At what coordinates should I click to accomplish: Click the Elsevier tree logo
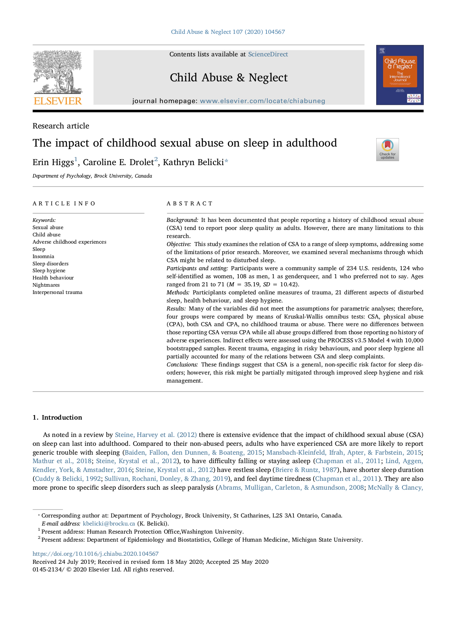pos(58,77)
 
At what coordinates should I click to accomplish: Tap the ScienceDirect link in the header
pos(268,54)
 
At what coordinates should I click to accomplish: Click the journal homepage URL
pos(262,101)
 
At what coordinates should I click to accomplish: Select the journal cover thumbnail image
pos(400,75)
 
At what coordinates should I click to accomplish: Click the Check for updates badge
pos(387,150)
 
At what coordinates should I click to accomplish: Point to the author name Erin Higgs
pos(53,162)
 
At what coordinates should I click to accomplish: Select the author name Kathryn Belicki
pos(193,162)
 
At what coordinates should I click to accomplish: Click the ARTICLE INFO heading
pos(64,204)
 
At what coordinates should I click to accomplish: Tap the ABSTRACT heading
pos(190,204)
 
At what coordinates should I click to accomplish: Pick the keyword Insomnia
pos(43,257)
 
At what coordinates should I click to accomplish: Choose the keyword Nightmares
pos(46,285)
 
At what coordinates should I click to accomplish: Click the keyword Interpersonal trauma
pos(57,292)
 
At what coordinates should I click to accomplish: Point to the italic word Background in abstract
pos(182,220)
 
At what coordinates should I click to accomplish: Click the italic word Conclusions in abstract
pos(182,365)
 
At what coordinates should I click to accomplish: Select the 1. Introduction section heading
pos(57,418)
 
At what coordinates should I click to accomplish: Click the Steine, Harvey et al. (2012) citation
pos(156,435)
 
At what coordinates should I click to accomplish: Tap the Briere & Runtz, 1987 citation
pos(306,470)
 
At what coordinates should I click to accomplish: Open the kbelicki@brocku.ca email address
pos(109,524)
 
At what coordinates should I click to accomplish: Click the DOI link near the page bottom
pos(95,554)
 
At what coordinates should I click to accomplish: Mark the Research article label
pos(61,126)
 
